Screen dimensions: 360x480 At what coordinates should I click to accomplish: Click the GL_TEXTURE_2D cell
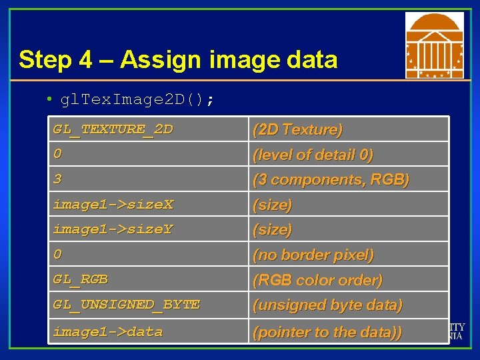click(x=113, y=129)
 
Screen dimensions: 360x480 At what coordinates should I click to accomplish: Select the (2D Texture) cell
click(x=297, y=129)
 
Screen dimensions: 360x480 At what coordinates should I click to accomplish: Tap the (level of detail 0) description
click(x=312, y=155)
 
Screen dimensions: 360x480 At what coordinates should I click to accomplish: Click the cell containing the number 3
click(x=58, y=179)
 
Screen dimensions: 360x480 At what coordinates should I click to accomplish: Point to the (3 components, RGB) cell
click(x=330, y=179)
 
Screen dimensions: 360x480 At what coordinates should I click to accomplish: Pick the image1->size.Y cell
click(x=113, y=229)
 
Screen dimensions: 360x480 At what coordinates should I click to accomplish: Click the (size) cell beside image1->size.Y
click(x=272, y=229)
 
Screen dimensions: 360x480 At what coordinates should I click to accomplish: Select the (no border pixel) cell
click(x=313, y=255)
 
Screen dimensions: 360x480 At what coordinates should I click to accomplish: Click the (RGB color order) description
click(x=317, y=280)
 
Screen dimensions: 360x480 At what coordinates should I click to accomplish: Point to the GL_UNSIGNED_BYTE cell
click(x=127, y=305)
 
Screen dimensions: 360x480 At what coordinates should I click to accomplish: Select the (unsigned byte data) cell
click(x=327, y=305)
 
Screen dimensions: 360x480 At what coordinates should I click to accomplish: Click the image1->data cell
click(x=108, y=331)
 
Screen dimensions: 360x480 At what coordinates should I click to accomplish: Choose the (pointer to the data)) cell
click(x=327, y=332)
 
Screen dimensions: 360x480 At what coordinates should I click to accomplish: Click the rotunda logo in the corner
click(x=435, y=45)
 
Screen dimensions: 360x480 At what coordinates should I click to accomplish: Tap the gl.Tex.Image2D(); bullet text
click(x=137, y=100)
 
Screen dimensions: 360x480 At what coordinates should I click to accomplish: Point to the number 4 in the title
click(x=85, y=60)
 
